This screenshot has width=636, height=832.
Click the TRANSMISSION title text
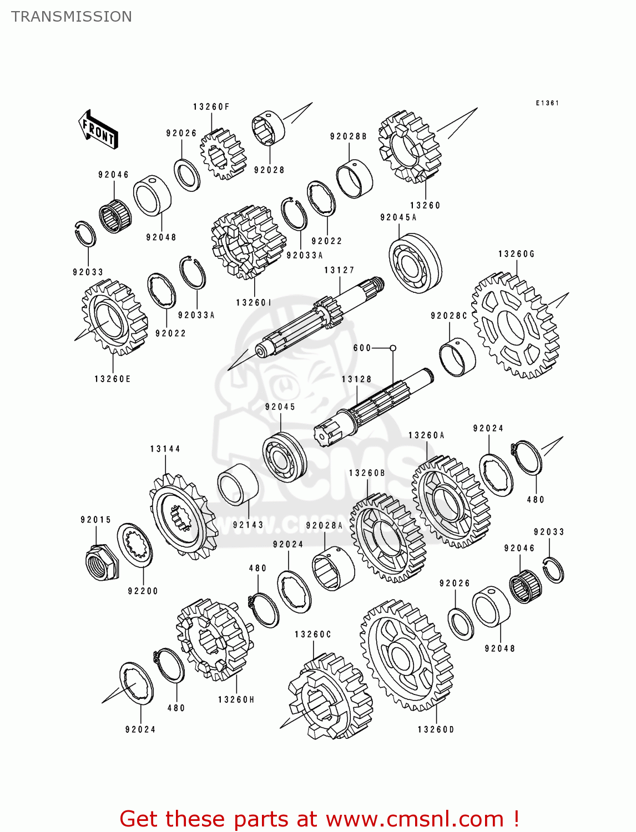[72, 17]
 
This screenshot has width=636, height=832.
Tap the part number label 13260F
[211, 107]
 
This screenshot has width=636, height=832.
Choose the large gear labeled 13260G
[515, 325]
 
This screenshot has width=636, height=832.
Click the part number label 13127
[339, 270]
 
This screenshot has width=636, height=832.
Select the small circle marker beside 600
[393, 348]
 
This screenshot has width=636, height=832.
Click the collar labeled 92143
[238, 484]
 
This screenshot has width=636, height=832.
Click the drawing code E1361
[547, 103]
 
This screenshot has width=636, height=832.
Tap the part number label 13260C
[312, 635]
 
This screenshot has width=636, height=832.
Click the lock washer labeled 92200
[135, 545]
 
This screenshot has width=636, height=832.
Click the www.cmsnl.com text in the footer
[414, 819]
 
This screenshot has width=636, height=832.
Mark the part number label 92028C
[449, 316]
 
